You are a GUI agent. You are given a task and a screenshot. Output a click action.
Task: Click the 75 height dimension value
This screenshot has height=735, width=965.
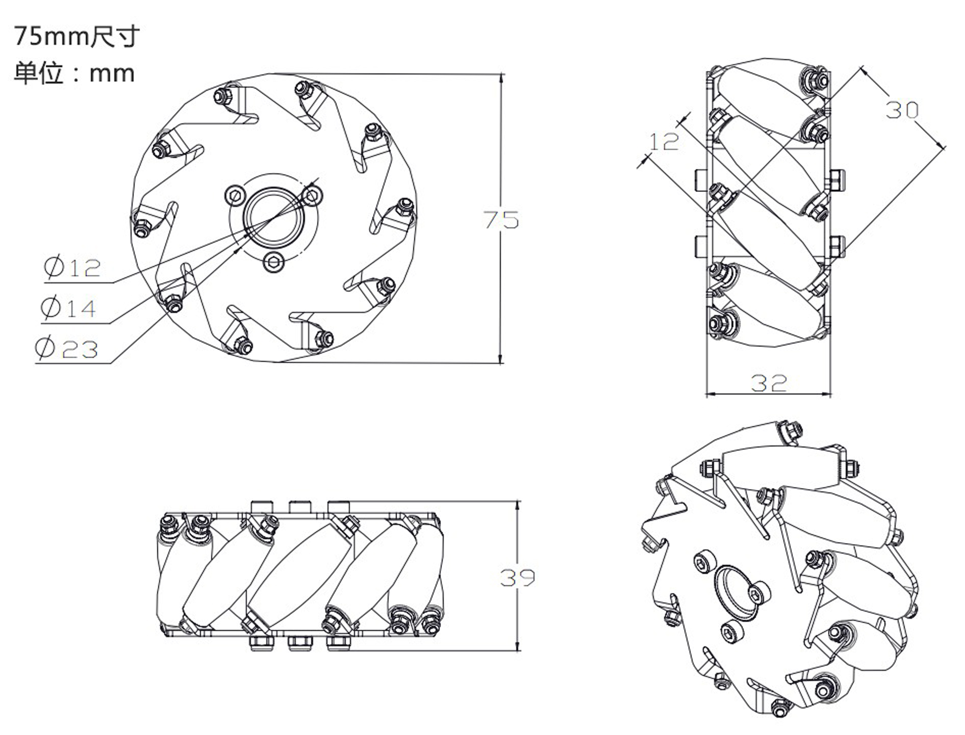coord(501,220)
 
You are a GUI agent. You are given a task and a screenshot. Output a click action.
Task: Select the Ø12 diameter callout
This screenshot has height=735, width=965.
coord(72,267)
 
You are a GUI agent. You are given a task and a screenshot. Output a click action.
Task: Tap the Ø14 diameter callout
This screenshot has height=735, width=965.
coord(69,308)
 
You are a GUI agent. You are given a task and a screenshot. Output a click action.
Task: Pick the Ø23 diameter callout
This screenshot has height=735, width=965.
coord(67,348)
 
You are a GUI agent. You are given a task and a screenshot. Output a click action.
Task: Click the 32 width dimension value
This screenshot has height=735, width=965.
coord(769,383)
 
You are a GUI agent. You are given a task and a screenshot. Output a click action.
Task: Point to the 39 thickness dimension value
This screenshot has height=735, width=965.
coord(517,577)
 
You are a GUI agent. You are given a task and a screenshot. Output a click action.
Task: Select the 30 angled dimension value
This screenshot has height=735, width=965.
coord(902,110)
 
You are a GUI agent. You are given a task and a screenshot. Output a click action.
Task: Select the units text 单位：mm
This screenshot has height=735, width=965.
coord(74,73)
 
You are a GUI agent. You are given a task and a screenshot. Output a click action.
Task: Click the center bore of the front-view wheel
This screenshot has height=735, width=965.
coord(273,215)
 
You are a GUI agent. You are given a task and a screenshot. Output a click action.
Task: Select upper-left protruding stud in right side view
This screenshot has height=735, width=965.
coord(701,180)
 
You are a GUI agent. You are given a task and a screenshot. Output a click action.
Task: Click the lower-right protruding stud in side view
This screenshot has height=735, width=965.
coord(836,246)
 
